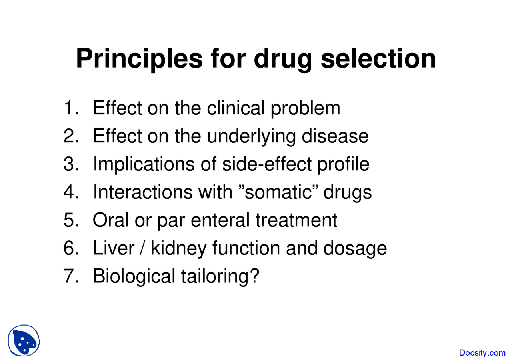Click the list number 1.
[x=71, y=108]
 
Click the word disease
[x=335, y=136]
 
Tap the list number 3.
[x=71, y=164]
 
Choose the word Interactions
[x=142, y=192]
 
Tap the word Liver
[x=112, y=248]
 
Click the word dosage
[x=355, y=249]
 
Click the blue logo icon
[x=24, y=340]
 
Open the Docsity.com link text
[x=482, y=352]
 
